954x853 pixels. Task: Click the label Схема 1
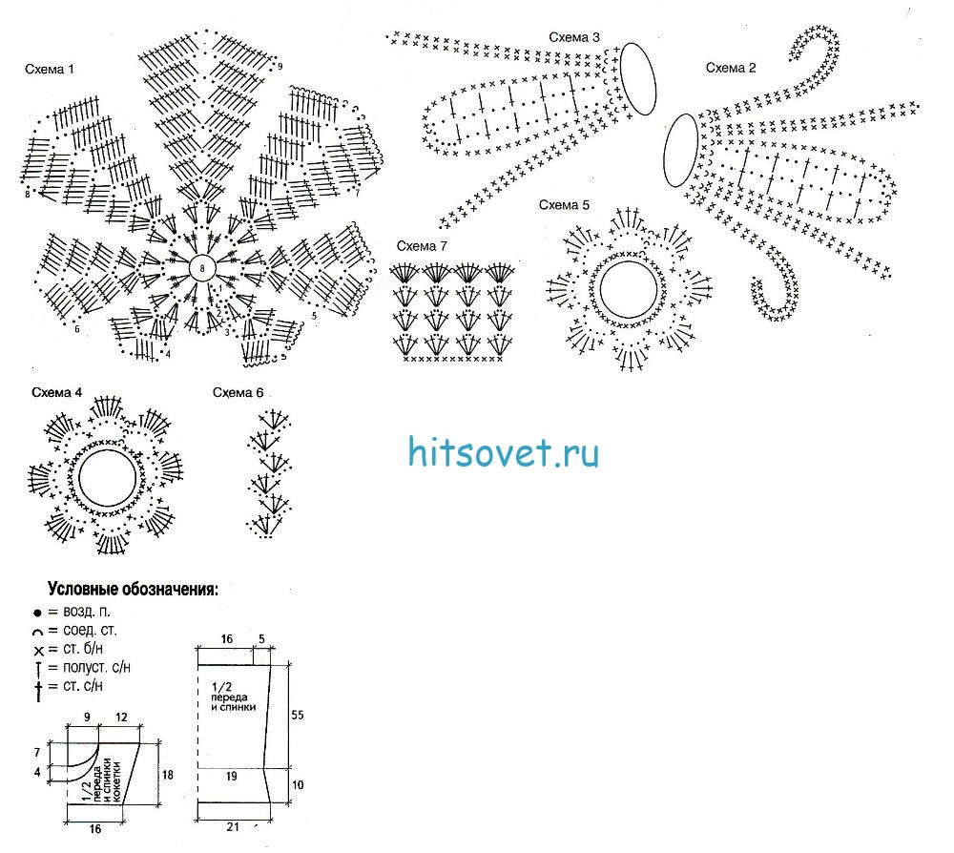point(50,70)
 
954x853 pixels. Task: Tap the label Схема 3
point(574,38)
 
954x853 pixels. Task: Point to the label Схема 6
point(238,393)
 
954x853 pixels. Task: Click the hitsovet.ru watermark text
point(504,451)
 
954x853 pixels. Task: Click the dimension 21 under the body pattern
point(235,826)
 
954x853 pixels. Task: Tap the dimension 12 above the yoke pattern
point(121,717)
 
